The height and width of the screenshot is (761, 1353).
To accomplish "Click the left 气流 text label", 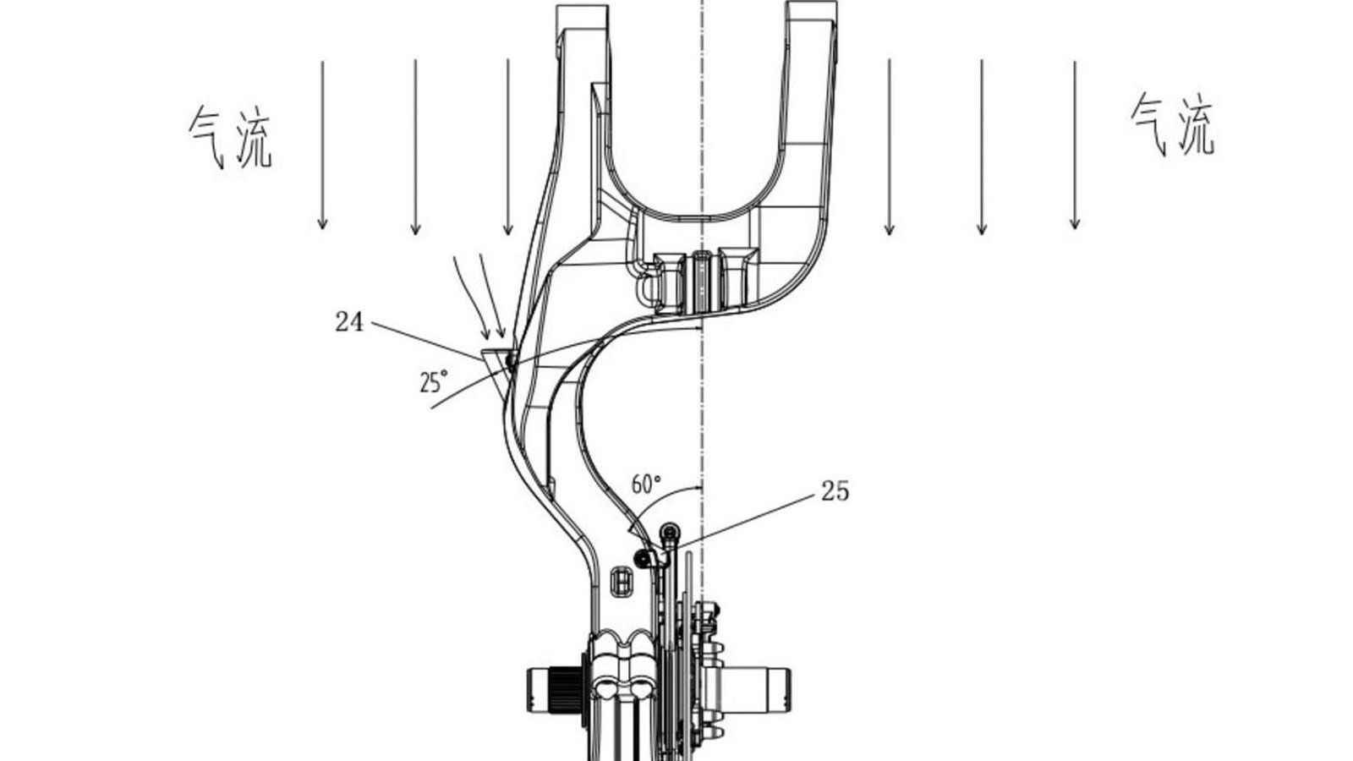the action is pyautogui.click(x=231, y=137).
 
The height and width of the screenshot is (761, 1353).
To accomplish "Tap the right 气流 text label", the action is pyautogui.click(x=1172, y=125).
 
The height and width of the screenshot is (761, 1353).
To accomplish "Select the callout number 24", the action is pyautogui.click(x=350, y=322).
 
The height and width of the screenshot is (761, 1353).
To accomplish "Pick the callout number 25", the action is pyautogui.click(x=835, y=491).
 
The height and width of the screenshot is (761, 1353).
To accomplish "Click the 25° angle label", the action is pyautogui.click(x=435, y=381).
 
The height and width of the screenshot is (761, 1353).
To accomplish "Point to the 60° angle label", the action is pyautogui.click(x=646, y=483).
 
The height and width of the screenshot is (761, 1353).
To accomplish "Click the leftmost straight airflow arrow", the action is pyautogui.click(x=322, y=145).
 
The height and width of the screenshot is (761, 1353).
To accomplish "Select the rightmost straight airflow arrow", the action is pyautogui.click(x=1075, y=145).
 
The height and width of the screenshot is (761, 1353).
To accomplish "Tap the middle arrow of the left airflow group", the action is pyautogui.click(x=415, y=147).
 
